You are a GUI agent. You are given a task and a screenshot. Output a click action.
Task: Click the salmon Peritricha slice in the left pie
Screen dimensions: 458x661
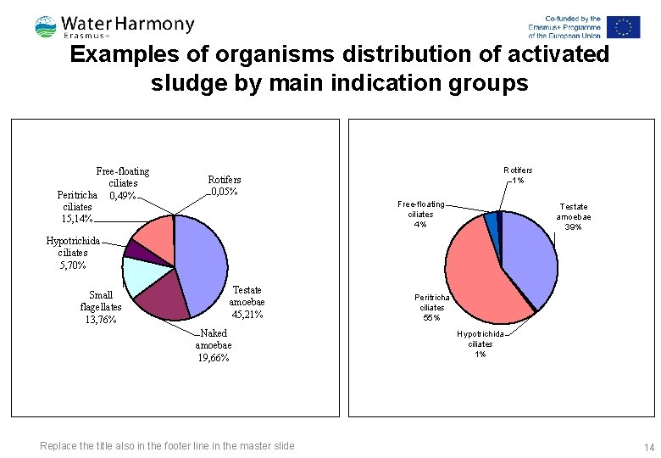click(154, 232)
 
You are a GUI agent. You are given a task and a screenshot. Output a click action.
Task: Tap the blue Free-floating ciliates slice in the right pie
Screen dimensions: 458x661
click(491, 221)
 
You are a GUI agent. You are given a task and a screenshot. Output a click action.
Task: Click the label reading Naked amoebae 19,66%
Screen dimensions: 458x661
click(213, 346)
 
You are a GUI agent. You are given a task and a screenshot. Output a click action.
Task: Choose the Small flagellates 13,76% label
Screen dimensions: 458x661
click(101, 307)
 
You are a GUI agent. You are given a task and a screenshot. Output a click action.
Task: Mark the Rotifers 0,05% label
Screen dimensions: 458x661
click(225, 186)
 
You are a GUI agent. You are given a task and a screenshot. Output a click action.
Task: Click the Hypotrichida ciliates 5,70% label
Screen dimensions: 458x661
click(73, 253)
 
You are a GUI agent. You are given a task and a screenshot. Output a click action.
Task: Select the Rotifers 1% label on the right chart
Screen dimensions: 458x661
click(518, 176)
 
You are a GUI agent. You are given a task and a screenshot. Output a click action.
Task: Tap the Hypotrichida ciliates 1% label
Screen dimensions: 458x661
click(480, 343)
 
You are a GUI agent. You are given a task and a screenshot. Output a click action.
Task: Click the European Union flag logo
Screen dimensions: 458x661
click(624, 27)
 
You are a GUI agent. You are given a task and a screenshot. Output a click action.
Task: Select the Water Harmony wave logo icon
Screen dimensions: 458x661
click(46, 27)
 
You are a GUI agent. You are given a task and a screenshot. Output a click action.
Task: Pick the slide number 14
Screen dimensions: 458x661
click(649, 447)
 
